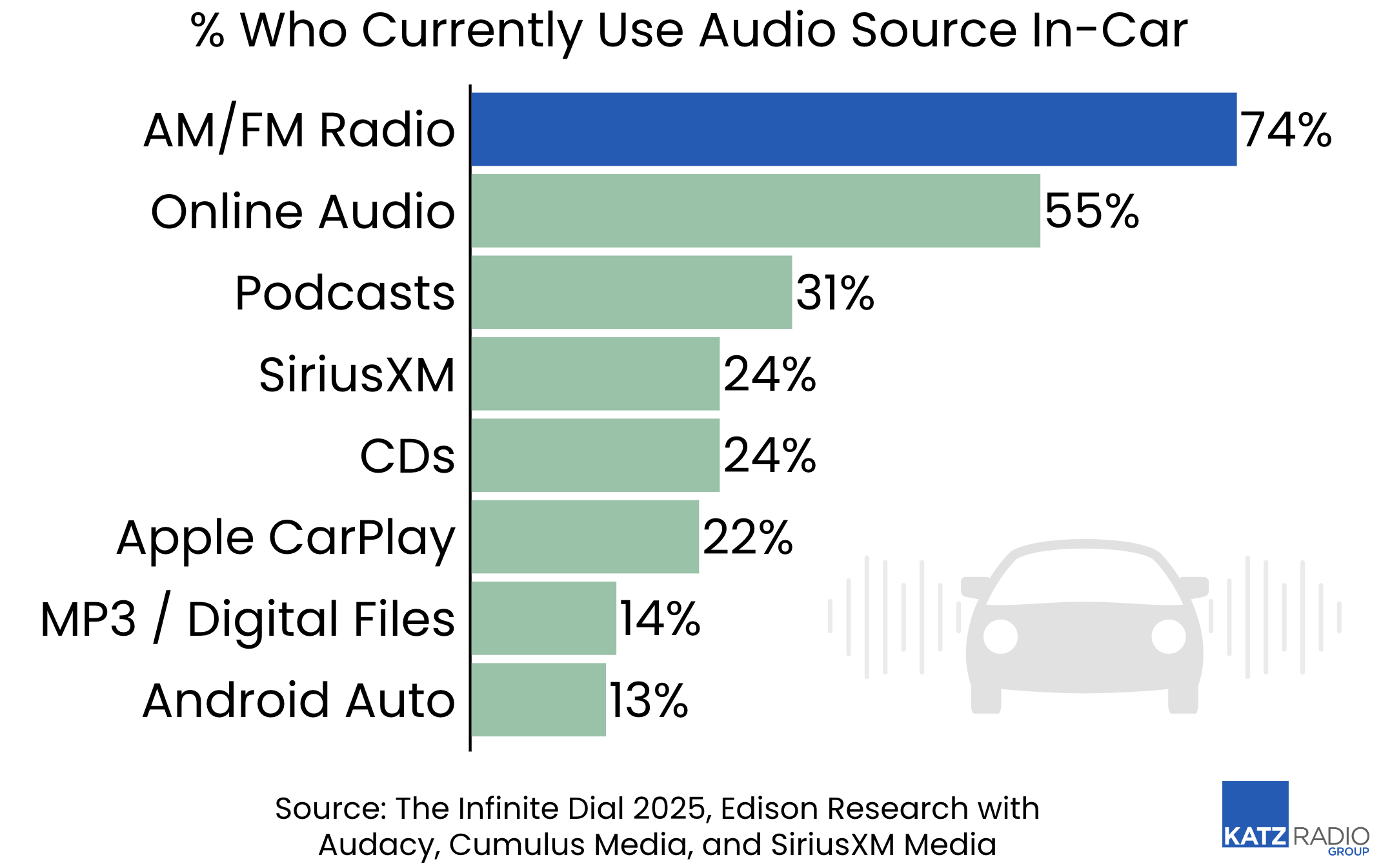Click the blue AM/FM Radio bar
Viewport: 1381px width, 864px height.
853,129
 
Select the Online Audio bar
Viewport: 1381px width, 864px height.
755,211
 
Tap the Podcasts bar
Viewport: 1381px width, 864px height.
631,292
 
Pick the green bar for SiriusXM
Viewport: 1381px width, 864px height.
595,374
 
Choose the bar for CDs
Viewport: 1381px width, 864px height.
595,455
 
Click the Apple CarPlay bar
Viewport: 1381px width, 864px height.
585,536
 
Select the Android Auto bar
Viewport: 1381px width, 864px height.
538,700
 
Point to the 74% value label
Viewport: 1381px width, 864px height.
1285,130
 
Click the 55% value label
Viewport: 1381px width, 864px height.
1092,211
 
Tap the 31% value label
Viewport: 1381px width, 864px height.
835,293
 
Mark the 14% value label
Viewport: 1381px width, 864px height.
660,619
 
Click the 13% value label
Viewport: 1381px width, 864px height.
649,701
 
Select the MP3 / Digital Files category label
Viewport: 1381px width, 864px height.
248,619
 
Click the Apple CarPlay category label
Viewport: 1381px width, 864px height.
286,538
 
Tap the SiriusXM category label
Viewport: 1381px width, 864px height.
357,375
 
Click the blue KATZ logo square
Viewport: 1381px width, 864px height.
1255,814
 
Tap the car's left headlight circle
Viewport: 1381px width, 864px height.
1000,636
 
